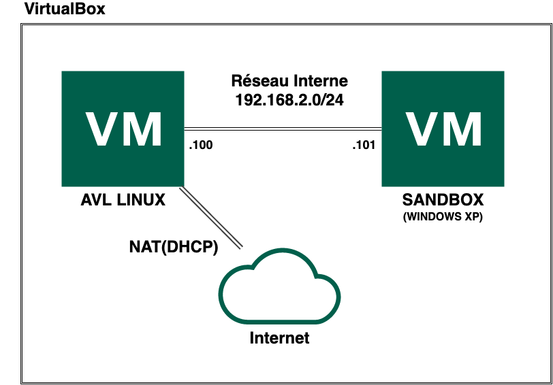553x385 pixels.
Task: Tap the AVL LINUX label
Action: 123,201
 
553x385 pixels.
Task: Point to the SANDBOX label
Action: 443,201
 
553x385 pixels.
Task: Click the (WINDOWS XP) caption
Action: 443,217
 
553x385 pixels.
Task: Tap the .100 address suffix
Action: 201,145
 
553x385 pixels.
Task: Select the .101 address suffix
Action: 364,145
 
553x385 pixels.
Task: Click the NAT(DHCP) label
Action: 173,248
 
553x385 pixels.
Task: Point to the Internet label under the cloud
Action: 279,338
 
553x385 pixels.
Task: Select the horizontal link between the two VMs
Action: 283,127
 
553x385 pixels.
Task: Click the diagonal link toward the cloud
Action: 211,219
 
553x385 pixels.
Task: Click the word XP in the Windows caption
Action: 474,217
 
